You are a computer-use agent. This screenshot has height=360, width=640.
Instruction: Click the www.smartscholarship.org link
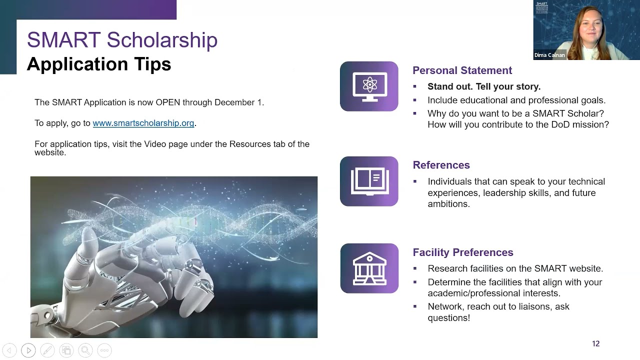(143, 123)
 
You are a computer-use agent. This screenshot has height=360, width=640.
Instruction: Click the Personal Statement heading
(462, 70)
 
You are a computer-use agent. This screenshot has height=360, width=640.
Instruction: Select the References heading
(441, 165)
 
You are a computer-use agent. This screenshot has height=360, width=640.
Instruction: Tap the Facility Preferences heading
(462, 252)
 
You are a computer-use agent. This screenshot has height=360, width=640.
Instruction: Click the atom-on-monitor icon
(369, 86)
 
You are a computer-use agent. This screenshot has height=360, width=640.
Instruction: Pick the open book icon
(369, 181)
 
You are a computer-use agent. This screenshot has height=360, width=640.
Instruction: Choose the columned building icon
(369, 268)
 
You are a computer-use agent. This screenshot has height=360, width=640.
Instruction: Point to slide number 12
(595, 343)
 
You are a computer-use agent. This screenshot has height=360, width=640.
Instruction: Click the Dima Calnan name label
(549, 55)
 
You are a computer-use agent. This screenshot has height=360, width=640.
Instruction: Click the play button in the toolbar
(28, 350)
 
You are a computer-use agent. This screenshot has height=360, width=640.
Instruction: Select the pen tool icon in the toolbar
(47, 350)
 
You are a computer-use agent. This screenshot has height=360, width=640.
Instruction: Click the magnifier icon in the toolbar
(85, 350)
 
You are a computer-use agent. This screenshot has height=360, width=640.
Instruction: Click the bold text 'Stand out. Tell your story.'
(483, 86)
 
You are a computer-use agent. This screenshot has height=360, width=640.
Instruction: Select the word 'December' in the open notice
(235, 102)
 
